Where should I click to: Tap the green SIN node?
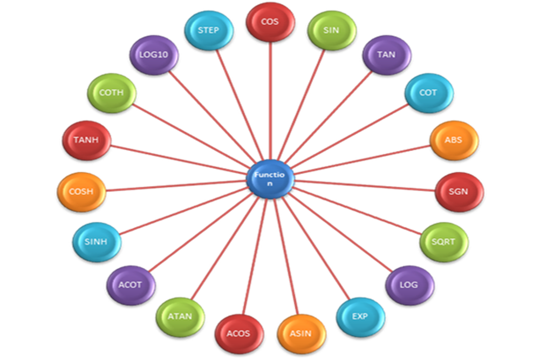click(331, 30)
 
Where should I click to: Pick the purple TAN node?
click(386, 55)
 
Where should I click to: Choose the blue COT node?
click(428, 93)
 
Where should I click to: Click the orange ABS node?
click(454, 140)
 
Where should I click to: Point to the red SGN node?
click(459, 192)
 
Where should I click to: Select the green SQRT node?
click(443, 242)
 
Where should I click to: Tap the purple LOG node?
click(409, 285)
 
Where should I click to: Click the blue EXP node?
click(360, 316)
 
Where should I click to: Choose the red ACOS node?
click(238, 334)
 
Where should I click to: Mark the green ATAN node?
click(181, 316)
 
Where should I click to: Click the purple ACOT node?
click(131, 285)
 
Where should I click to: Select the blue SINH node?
click(97, 242)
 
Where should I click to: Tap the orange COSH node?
click(81, 192)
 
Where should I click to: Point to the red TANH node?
click(86, 140)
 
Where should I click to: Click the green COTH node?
click(112, 93)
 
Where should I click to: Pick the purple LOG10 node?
click(154, 55)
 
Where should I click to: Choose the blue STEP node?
click(209, 30)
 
